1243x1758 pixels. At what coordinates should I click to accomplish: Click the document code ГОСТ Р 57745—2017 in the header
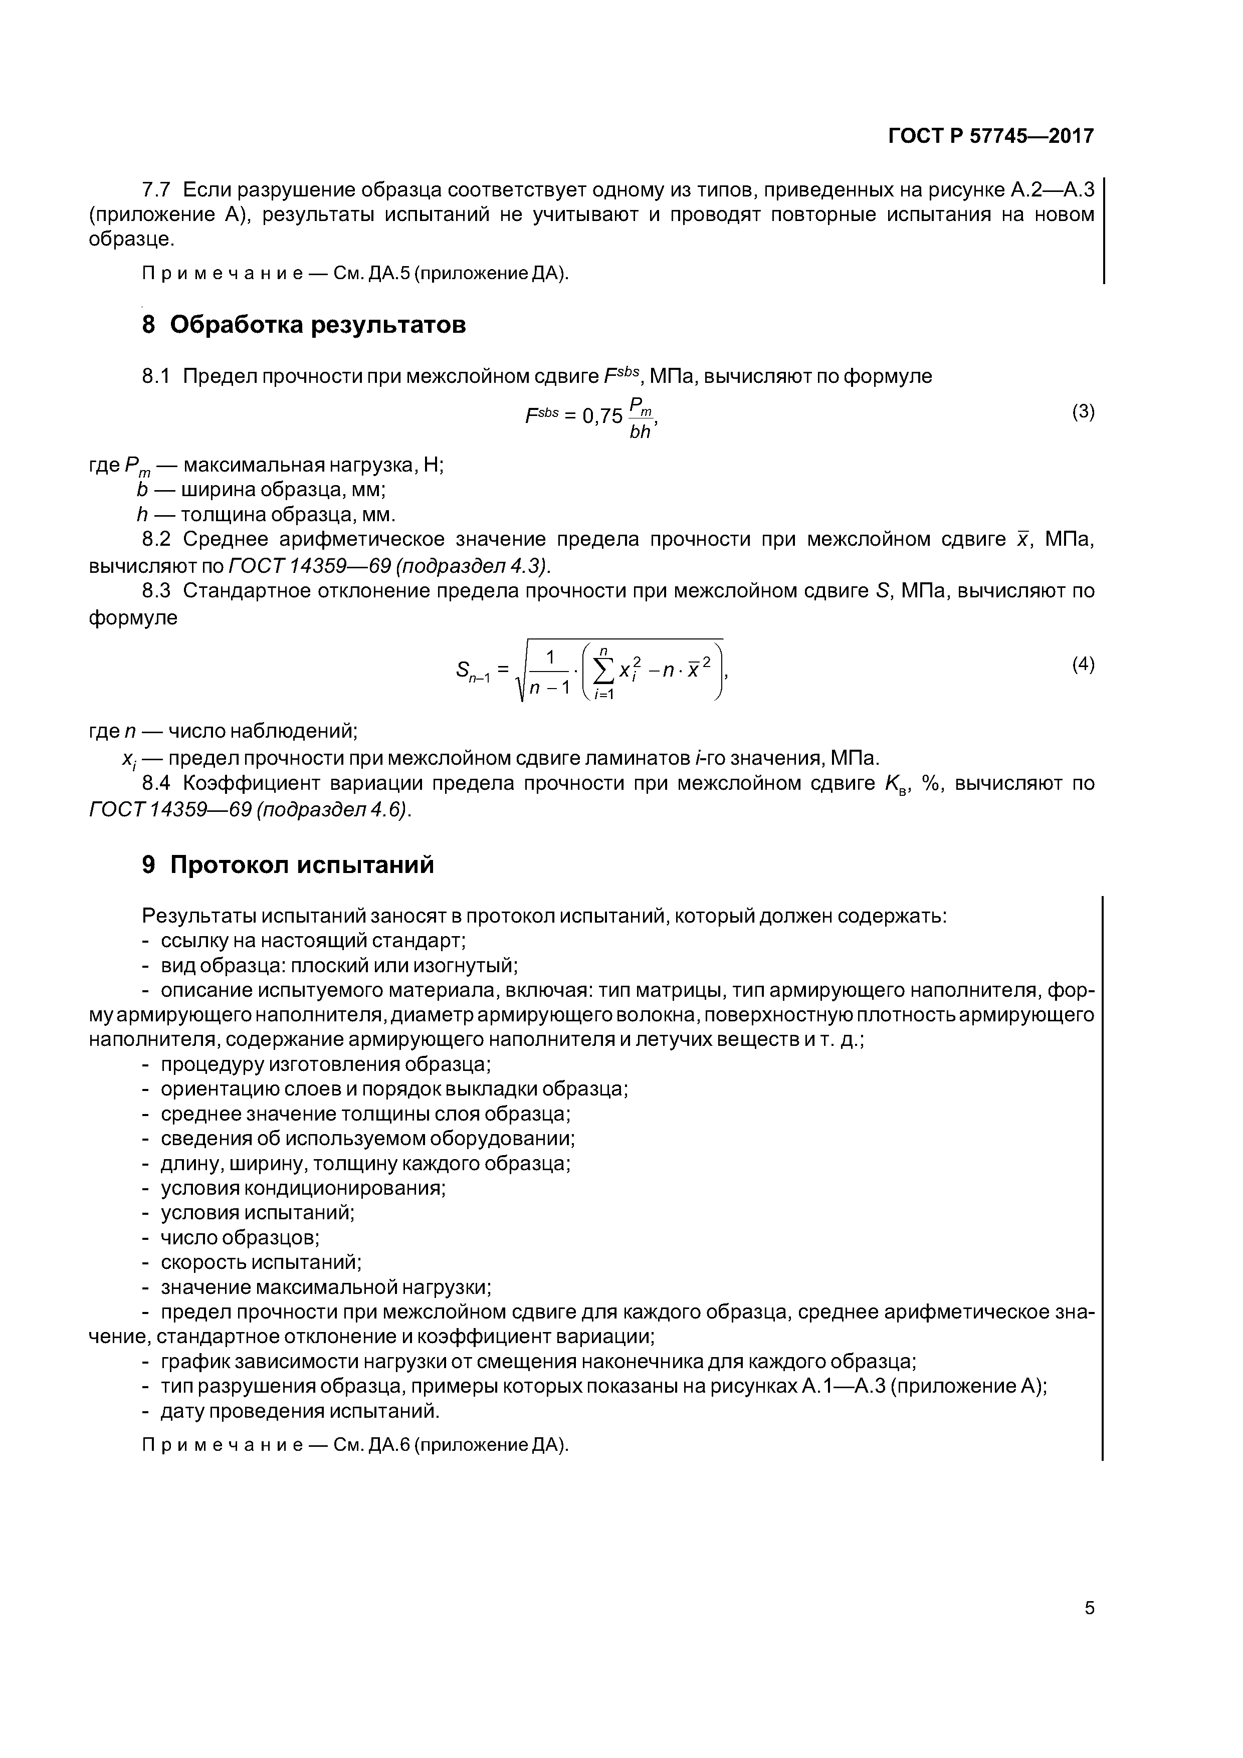pyautogui.click(x=990, y=136)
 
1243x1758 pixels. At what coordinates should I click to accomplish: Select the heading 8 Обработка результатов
pyautogui.click(x=304, y=325)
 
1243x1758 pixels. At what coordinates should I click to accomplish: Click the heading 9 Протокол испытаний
pyautogui.click(x=288, y=864)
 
